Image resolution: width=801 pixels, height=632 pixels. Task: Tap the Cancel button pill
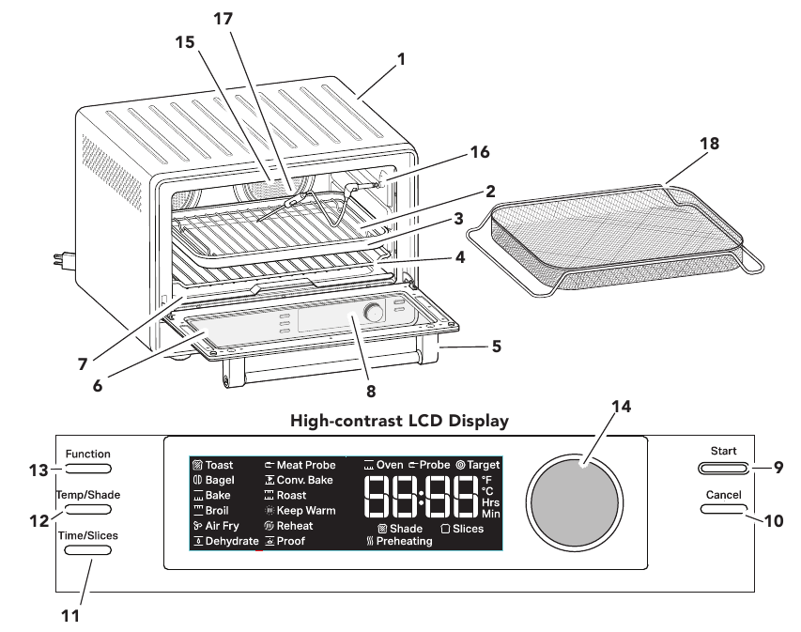click(722, 509)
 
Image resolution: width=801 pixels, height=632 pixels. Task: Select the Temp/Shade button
click(89, 509)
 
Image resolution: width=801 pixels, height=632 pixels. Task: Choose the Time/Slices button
click(89, 549)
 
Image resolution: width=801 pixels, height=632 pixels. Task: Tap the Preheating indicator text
click(403, 542)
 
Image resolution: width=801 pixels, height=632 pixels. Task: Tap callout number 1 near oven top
click(401, 58)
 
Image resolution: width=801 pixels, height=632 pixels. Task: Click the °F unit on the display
click(486, 478)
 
